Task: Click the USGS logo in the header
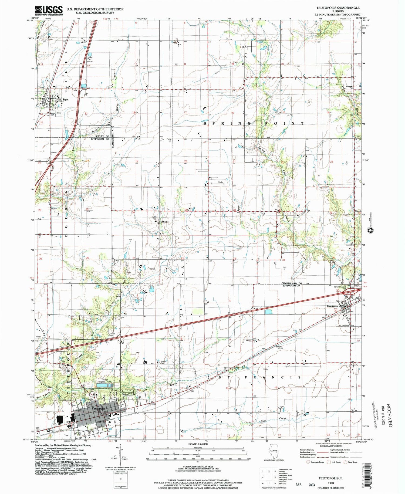(x=49, y=11)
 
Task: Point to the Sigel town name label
(x=65, y=99)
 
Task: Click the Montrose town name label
(x=332, y=306)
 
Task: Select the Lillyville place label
(x=164, y=222)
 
